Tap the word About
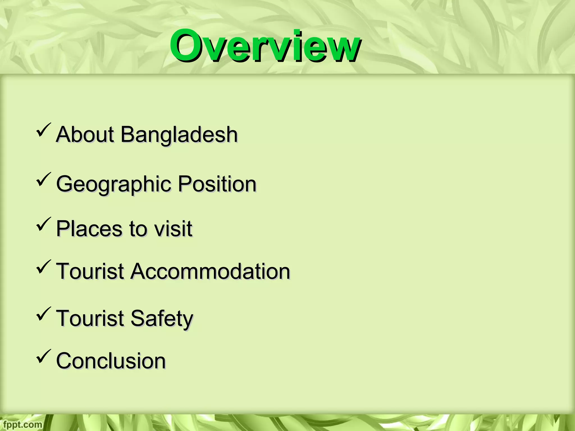(85, 135)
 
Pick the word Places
(90, 229)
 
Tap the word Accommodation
(210, 271)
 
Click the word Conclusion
(111, 361)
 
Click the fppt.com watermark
(21, 424)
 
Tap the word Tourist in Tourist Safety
(90, 318)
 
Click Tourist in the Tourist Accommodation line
(90, 271)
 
